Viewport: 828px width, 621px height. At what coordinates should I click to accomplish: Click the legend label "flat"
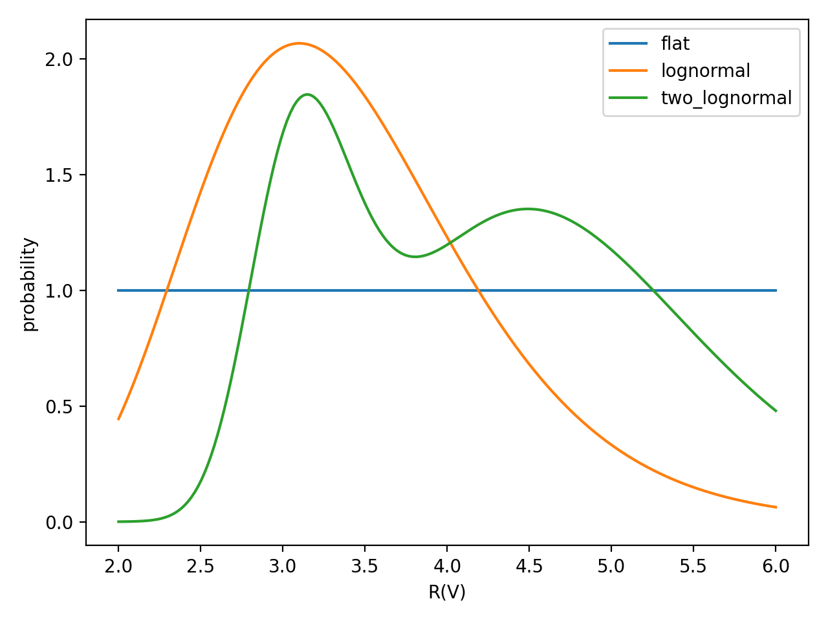(x=675, y=43)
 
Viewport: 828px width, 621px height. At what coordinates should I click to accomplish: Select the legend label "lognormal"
(x=705, y=71)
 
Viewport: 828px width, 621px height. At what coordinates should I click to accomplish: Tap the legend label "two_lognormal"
(x=726, y=98)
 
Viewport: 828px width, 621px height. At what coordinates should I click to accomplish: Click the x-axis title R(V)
(x=447, y=592)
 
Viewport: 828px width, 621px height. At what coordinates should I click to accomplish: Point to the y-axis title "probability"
(x=29, y=284)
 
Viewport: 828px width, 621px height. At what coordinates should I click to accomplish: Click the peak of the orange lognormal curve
(x=299, y=43)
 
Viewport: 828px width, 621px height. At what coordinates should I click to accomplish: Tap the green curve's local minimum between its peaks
(x=415, y=257)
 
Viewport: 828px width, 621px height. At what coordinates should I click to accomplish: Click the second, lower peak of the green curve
(x=528, y=209)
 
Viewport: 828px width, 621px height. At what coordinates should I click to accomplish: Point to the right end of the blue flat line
(x=776, y=290)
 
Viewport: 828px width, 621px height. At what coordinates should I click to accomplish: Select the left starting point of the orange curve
(x=118, y=419)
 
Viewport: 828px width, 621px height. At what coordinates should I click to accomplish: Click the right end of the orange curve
(x=776, y=507)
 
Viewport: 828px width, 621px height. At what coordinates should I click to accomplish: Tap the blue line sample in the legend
(x=628, y=43)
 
